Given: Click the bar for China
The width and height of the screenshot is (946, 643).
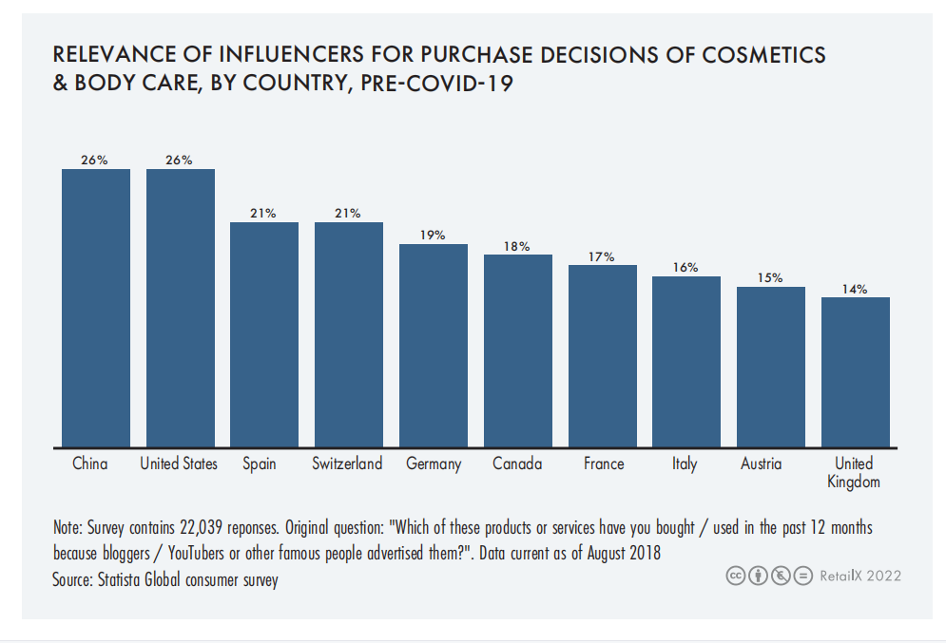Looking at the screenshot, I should [96, 307].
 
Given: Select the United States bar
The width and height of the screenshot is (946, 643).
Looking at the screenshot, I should [180, 307].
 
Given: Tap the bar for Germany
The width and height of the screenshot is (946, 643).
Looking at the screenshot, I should [433, 345].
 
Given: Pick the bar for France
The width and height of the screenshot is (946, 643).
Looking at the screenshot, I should [603, 355].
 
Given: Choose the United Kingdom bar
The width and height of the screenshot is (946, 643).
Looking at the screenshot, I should [856, 371].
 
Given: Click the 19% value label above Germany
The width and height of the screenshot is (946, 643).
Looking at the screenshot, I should [433, 235].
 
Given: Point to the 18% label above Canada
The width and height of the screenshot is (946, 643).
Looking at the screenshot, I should [517, 246].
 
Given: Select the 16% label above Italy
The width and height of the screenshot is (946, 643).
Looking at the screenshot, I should [685, 268].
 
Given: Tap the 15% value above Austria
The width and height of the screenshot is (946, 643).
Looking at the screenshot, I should [770, 278].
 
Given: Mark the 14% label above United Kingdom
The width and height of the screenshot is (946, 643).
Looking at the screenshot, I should [855, 289].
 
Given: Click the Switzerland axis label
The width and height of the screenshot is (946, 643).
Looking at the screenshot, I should [347, 463].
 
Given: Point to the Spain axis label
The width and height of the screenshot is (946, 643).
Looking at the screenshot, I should [260, 464].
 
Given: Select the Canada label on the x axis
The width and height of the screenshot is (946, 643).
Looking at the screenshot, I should [517, 463].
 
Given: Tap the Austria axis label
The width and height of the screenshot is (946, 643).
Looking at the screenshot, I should [761, 463].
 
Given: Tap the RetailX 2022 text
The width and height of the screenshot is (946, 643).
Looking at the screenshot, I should [860, 576].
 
